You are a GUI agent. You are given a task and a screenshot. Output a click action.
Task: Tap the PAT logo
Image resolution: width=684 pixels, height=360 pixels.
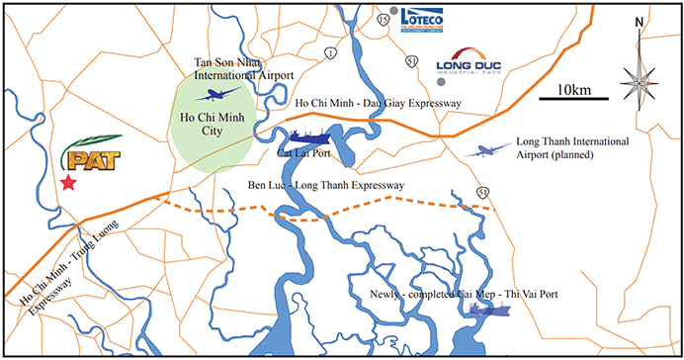(91, 156)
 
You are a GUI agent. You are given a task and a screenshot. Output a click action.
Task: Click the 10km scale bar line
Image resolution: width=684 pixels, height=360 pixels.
(574, 100)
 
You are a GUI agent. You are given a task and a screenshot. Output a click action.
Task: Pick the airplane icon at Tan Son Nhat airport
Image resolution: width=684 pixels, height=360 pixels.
(219, 95)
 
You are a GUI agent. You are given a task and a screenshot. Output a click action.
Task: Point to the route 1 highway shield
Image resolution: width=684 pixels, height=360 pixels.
(328, 52)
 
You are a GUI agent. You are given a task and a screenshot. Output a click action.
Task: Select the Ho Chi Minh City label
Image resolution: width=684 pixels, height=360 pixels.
(214, 125)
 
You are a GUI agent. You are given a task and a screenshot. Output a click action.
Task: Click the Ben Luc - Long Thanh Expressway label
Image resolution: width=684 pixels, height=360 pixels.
(315, 185)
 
